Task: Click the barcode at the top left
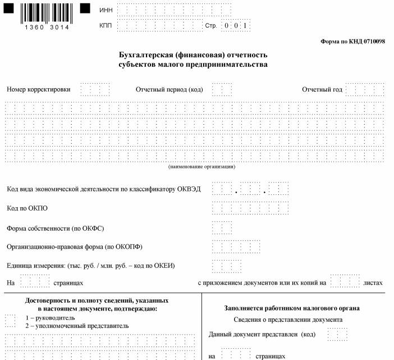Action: (x=47, y=13)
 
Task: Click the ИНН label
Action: (x=106, y=11)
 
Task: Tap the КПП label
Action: (x=106, y=26)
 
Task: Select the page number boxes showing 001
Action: (x=235, y=26)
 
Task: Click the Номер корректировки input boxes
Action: (x=95, y=90)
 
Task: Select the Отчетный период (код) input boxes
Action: (x=222, y=90)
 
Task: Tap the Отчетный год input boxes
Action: (x=365, y=90)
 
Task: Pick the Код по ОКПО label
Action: (x=27, y=208)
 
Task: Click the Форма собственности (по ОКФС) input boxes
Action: (x=222, y=228)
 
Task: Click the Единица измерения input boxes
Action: (x=227, y=266)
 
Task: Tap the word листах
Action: (x=373, y=282)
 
